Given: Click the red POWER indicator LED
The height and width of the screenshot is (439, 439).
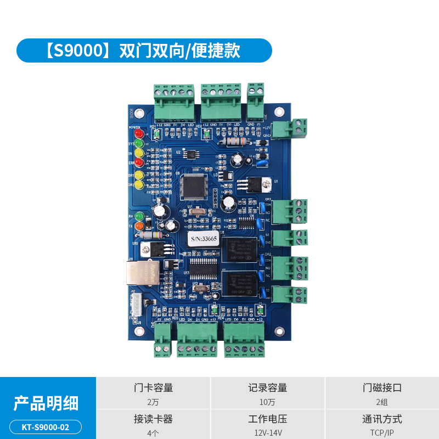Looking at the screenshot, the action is (139, 133).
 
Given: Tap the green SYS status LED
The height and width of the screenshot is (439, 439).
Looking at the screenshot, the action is (139, 144).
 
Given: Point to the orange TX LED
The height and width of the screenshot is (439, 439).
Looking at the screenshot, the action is (139, 226).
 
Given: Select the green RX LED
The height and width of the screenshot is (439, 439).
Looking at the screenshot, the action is (139, 216).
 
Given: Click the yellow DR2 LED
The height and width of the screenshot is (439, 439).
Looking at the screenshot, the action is (139, 185).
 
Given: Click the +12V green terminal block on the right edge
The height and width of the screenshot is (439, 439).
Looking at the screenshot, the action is (297, 128).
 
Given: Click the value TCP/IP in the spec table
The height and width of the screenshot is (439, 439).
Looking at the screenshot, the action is (382, 433).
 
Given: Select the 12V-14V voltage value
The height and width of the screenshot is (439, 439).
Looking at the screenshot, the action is (268, 433).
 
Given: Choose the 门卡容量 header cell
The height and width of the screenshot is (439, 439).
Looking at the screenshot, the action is (154, 388).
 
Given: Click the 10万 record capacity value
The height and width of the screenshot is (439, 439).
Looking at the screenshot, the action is (268, 402).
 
